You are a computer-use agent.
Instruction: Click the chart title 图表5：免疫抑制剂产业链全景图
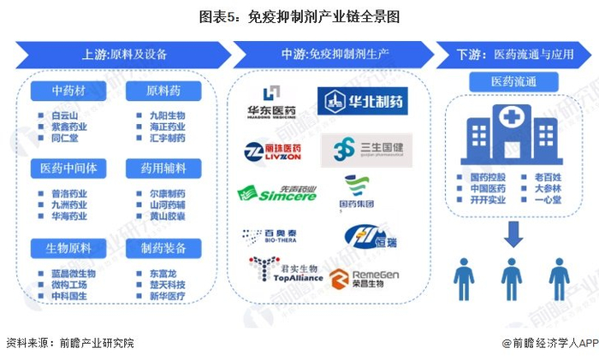point(299,16)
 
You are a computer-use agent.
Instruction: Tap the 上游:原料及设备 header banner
point(124,54)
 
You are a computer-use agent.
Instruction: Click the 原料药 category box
point(163,91)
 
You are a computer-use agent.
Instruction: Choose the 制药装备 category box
point(163,248)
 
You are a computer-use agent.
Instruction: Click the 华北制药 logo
point(362,103)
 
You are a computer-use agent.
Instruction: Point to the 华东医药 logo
point(271,101)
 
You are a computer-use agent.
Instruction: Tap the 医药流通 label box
point(513,82)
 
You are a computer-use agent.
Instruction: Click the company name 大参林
point(548,189)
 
